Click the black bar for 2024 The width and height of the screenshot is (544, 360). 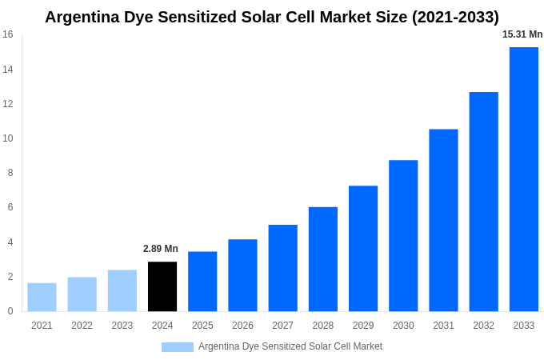coord(162,286)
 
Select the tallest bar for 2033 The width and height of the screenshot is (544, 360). coord(523,179)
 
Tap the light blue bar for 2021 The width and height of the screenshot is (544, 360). coord(42,297)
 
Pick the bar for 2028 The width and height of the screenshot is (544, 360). coord(323,259)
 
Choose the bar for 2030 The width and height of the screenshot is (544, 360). coord(403,236)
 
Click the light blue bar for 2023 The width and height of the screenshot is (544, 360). coord(122,290)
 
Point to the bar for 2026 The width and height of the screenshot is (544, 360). coord(242,275)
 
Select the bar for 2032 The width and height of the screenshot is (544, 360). coord(483,202)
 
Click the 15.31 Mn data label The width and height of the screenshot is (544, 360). coord(522,34)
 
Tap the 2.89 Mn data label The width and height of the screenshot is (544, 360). coord(161,249)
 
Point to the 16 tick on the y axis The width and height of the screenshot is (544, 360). coord(8,34)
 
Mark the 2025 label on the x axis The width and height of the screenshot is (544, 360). coord(202,326)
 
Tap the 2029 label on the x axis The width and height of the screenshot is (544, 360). coord(363,326)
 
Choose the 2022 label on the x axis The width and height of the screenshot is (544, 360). coord(82,326)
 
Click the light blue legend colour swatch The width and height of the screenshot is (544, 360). coord(178,347)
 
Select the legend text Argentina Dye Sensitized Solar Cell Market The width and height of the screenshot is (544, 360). coord(290,346)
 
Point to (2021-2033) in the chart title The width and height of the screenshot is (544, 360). coord(455,17)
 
